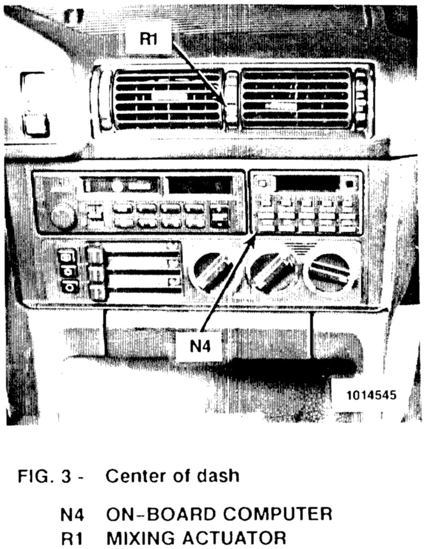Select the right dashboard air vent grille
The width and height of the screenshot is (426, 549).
click(x=295, y=98)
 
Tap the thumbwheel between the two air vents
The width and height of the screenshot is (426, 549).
click(x=231, y=99)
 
